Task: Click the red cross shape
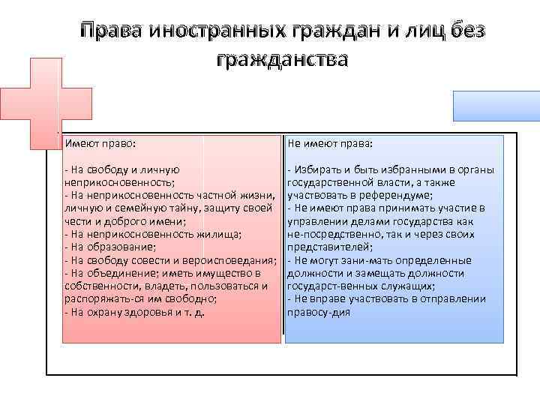point(31,103)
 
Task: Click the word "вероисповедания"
point(232,259)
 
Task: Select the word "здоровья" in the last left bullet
point(157,312)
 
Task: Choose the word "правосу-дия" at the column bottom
point(319,312)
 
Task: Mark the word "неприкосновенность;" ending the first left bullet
point(121,181)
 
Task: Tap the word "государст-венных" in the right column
point(327,286)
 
